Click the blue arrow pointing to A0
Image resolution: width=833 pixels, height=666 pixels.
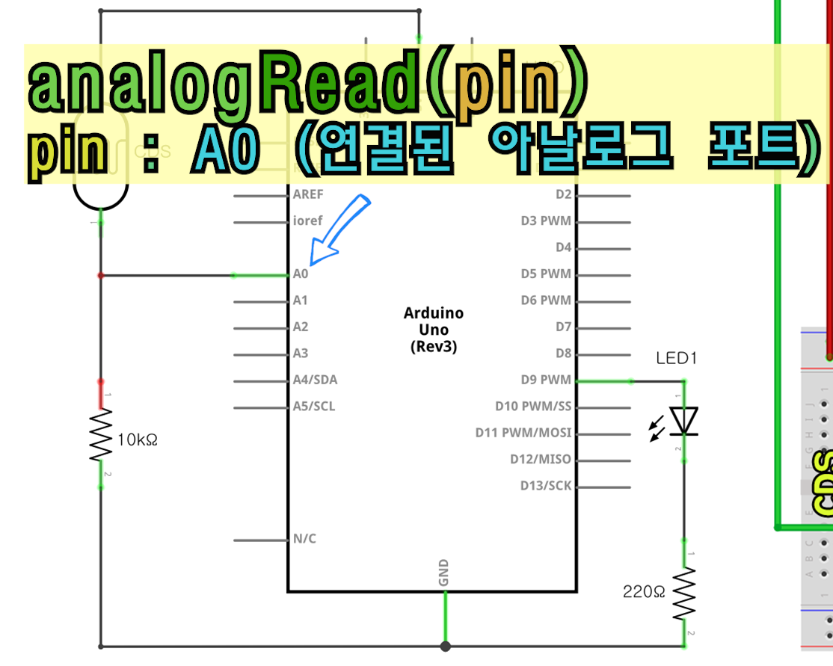click(x=339, y=231)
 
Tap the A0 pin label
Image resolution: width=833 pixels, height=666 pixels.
click(x=301, y=274)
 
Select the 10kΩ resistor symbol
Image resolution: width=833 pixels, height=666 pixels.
click(x=101, y=434)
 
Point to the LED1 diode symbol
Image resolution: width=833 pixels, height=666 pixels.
click(x=683, y=421)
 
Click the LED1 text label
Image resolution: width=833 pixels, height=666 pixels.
click(x=676, y=359)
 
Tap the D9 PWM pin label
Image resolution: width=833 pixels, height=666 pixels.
click(x=546, y=380)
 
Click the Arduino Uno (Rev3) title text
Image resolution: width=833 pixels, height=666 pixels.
click(x=434, y=330)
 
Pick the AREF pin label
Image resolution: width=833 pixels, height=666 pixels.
click(x=309, y=194)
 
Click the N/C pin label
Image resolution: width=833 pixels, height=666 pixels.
click(x=304, y=539)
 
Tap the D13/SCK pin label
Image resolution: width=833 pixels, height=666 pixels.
click(x=546, y=486)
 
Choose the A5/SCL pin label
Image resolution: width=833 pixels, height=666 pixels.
click(x=314, y=407)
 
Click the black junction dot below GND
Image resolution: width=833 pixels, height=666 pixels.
click(x=446, y=647)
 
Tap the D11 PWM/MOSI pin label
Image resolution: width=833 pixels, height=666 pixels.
click(x=523, y=433)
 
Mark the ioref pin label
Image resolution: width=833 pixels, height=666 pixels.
click(x=308, y=221)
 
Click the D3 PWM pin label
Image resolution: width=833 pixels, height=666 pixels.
click(x=546, y=221)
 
